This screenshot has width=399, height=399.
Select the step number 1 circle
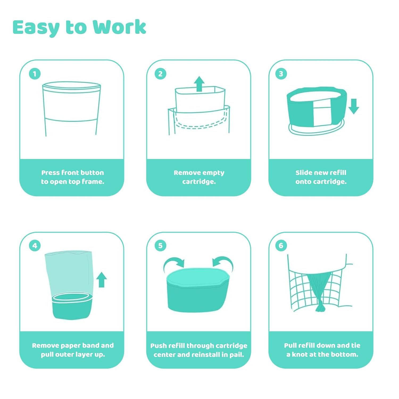pyautogui.click(x=35, y=74)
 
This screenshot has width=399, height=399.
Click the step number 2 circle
pyautogui.click(x=160, y=74)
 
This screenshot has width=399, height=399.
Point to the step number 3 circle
pyautogui.click(x=281, y=74)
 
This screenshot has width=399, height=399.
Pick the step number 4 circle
pyautogui.click(x=35, y=246)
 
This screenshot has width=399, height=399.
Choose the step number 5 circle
pyautogui.click(x=160, y=246)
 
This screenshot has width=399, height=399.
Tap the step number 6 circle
pyautogui.click(x=281, y=246)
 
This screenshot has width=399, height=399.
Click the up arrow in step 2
pyautogui.click(x=199, y=84)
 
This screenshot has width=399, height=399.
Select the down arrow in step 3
pyautogui.click(x=354, y=106)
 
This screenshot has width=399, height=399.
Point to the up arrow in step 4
pyautogui.click(x=101, y=280)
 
